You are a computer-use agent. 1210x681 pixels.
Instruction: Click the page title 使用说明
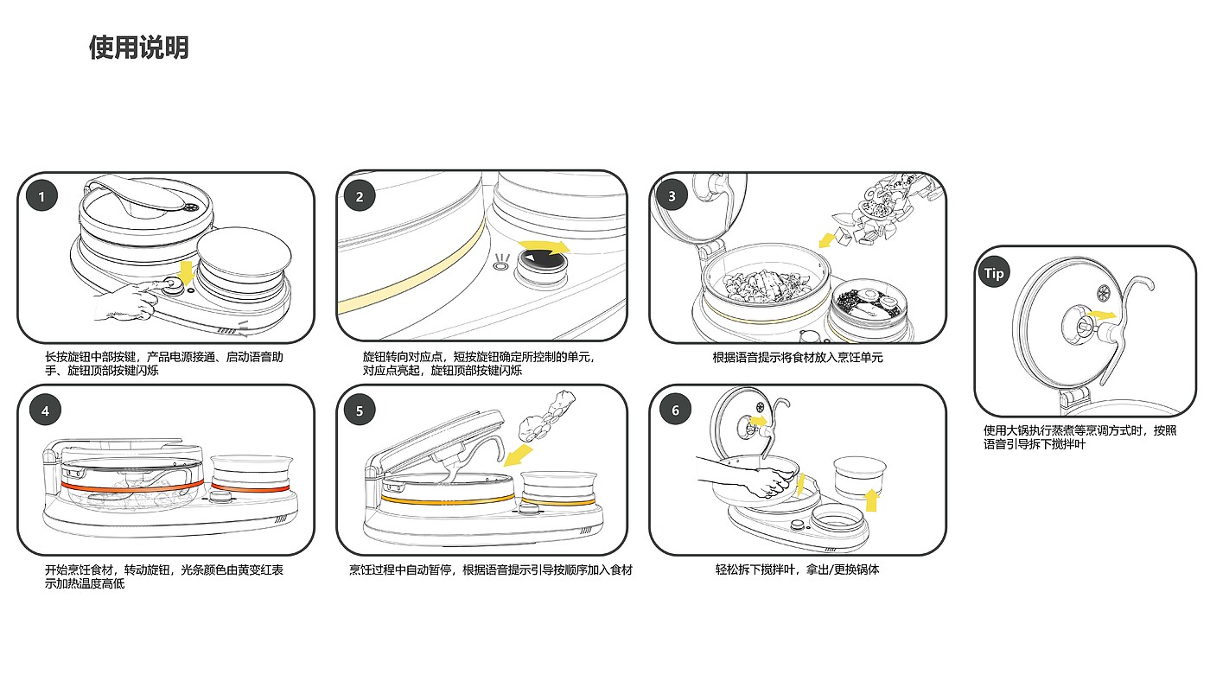coord(138,48)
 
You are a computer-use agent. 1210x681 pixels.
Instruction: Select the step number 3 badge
coord(672,196)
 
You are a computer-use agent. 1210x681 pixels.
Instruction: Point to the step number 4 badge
coord(45,411)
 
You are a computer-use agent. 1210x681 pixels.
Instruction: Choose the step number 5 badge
coord(360,411)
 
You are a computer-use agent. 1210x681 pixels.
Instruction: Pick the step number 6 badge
coord(676,411)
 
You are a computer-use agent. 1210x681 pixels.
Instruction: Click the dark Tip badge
coord(995,273)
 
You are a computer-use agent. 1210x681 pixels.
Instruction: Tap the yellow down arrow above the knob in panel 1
coord(185,275)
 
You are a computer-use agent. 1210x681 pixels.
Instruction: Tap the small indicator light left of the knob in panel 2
coord(500,266)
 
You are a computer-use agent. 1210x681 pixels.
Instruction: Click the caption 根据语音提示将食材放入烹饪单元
coord(797,357)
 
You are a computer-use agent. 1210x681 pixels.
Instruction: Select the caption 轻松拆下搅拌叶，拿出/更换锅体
coord(797,570)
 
